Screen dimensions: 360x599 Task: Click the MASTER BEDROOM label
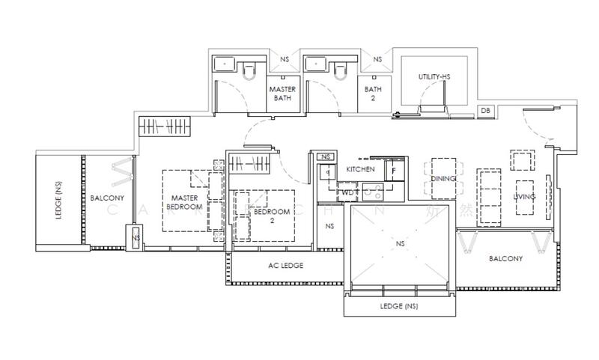tap(184, 202)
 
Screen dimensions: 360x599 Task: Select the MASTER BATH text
tap(283, 94)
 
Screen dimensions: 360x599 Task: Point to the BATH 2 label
tap(373, 94)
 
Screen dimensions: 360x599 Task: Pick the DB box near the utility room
tap(486, 111)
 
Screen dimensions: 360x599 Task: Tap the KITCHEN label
tap(359, 170)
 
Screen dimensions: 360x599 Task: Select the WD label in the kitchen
tap(347, 192)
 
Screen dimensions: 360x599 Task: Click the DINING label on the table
tap(444, 180)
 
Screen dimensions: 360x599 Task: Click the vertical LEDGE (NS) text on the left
tap(58, 201)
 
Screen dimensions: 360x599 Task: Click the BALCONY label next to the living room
tap(505, 258)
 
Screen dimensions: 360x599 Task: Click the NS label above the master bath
tap(285, 59)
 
